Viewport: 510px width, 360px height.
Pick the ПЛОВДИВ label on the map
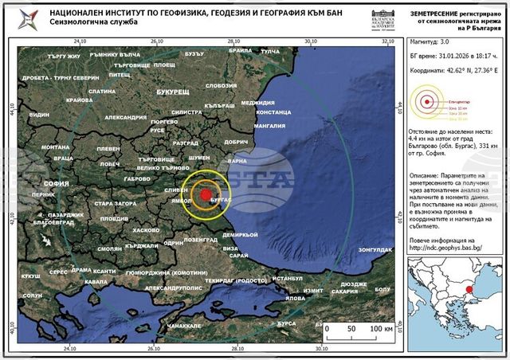(x=115, y=218)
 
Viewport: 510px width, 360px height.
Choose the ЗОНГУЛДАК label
(x=375, y=250)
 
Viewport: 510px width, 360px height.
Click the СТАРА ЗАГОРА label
(x=116, y=204)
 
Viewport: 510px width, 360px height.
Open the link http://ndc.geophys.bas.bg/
(x=453, y=248)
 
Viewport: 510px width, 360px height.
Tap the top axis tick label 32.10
(x=389, y=41)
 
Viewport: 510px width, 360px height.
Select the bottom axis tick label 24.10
(x=71, y=348)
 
